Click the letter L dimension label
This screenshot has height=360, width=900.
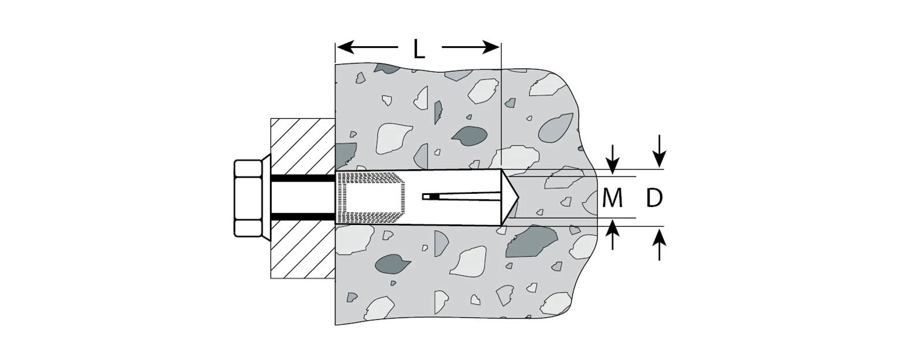tap(419, 50)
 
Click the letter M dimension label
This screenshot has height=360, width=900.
tap(612, 198)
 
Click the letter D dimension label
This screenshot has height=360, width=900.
tap(654, 198)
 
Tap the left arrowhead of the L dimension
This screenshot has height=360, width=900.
tap(346, 47)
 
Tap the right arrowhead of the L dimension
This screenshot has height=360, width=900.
tap(491, 47)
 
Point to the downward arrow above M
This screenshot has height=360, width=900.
tap(613, 159)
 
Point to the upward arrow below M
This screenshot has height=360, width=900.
tap(613, 234)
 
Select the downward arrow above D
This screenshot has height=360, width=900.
tap(659, 151)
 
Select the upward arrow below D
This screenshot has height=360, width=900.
tap(659, 245)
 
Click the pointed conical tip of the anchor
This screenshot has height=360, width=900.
tap(510, 197)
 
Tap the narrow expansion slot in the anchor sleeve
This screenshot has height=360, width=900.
tap(462, 197)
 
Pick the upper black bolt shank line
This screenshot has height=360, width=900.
tap(303, 178)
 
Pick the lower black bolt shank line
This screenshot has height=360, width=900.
tap(303, 217)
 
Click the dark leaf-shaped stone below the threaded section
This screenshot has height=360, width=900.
tap(392, 264)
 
